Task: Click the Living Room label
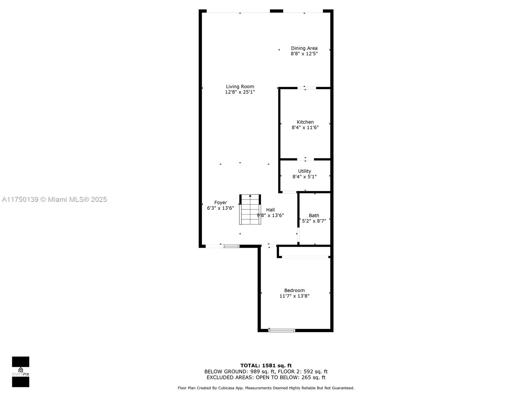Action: [x=240, y=86]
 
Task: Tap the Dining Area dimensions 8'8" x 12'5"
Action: [x=304, y=54]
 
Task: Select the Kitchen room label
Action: [x=305, y=122]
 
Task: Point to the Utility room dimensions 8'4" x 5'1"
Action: [x=304, y=177]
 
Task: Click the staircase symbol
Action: [x=250, y=209]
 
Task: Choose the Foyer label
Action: [x=220, y=202]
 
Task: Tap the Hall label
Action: [x=270, y=210]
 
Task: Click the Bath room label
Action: [x=314, y=215]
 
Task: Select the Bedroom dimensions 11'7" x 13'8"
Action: [x=294, y=296]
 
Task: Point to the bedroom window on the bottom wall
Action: [x=282, y=330]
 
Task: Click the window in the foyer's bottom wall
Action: [x=231, y=246]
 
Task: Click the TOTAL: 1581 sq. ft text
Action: [x=266, y=365]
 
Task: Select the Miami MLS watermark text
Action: [x=54, y=199]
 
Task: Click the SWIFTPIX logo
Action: [x=21, y=372]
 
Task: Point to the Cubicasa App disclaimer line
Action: [x=266, y=388]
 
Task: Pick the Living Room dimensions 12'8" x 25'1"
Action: [x=240, y=92]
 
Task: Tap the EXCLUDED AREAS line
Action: [x=266, y=377]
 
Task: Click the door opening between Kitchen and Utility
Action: [x=305, y=159]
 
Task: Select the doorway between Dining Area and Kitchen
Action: [x=307, y=88]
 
